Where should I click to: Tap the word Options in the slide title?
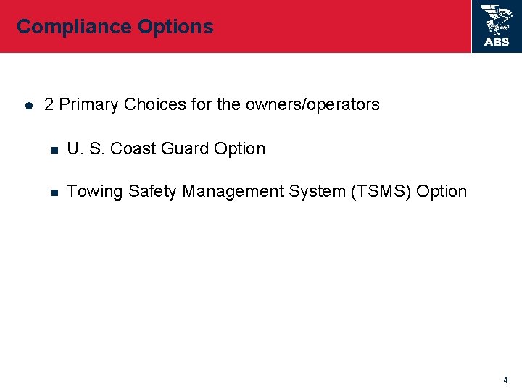pos(175,28)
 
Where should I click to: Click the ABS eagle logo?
pos(497,20)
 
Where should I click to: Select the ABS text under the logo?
pos(497,42)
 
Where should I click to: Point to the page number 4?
pos(505,379)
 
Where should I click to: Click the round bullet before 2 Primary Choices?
pos(27,106)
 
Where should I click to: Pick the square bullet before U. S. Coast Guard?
pos(54,150)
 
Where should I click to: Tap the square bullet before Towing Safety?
pos(54,193)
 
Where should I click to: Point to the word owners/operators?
pos(312,105)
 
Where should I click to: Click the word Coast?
pos(134,149)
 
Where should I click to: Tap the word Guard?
pos(186,149)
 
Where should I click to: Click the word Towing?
pos(95,192)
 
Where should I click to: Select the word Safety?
pos(153,192)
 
